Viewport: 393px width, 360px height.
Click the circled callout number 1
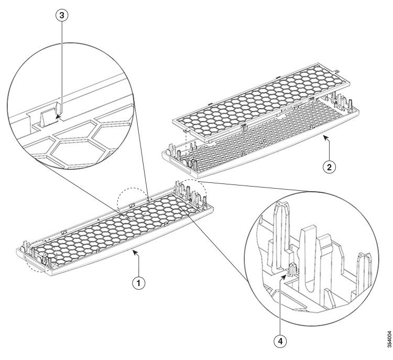click(138, 282)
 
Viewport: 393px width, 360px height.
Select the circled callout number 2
click(329, 167)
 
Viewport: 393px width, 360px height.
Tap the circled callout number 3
click(62, 16)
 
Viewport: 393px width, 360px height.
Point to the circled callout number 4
click(281, 341)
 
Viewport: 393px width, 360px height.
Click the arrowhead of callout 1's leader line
click(136, 253)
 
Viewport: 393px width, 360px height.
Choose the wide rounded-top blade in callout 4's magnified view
click(311, 246)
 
